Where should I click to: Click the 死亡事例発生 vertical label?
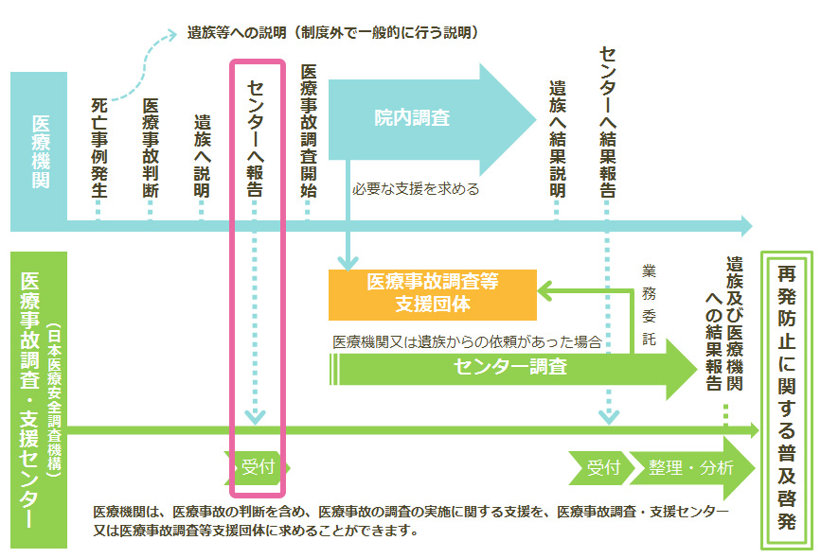[98, 147]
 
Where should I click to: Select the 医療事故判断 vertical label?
[150, 147]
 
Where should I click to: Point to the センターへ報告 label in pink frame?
[255, 138]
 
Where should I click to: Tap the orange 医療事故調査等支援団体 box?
[432, 294]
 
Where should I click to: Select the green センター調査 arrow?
[511, 367]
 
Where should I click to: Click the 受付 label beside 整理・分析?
[602, 467]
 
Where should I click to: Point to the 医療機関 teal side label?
[40, 151]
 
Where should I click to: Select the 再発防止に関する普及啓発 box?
[787, 397]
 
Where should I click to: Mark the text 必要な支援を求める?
[415, 188]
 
